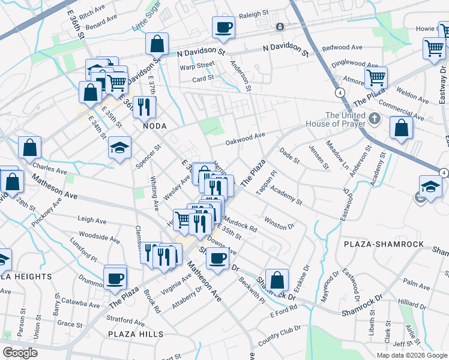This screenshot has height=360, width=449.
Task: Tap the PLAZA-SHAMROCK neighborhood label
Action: tap(384, 245)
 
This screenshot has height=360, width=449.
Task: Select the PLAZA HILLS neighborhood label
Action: tap(136, 334)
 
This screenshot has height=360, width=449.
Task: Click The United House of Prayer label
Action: tap(345, 119)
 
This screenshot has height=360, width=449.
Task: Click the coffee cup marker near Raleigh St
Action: tap(224, 28)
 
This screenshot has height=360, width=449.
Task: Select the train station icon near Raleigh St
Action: tap(280, 27)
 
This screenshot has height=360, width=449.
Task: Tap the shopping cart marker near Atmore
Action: tap(376, 77)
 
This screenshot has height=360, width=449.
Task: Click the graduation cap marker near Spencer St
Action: tap(120, 148)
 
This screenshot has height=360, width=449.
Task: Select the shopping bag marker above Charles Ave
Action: tap(29, 148)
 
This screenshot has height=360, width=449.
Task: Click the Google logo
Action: tap(20, 353)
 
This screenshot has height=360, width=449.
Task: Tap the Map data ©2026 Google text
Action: tap(412, 355)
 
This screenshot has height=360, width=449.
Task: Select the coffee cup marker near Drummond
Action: tap(115, 278)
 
